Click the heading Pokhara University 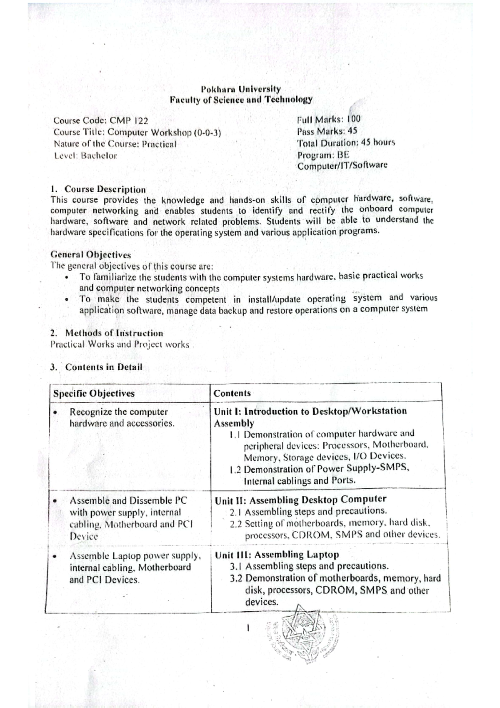coord(240,89)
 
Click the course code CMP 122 coord(129,121)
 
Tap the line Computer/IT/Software coord(342,165)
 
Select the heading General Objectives coord(90,255)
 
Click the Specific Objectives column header coord(94,393)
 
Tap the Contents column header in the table coord(232,393)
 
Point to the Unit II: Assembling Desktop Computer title coord(300,500)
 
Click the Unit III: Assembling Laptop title coord(277,555)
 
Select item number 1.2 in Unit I coord(235,469)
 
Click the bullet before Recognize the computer coord(55,412)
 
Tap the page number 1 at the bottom coord(248,627)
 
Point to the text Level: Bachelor coord(85,156)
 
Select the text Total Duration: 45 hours coord(346,143)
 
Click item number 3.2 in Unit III coord(236,579)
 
